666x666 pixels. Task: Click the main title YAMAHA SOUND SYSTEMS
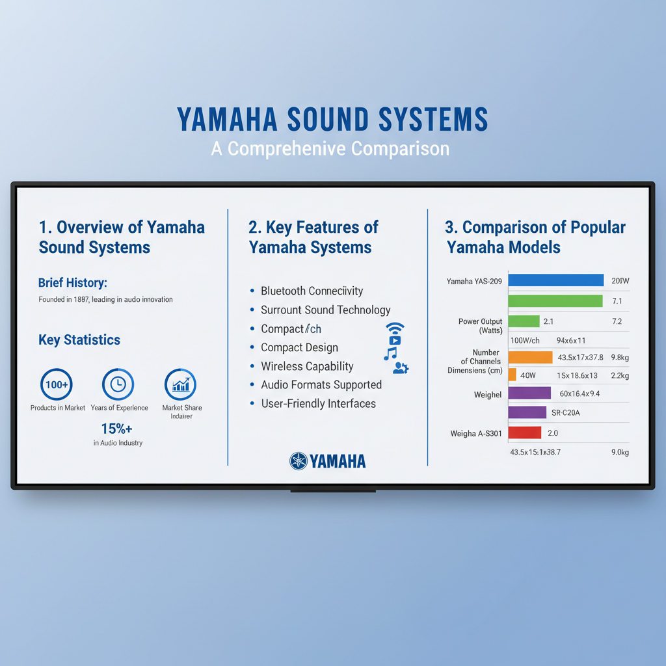tap(332, 120)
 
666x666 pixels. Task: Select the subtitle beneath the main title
tap(330, 149)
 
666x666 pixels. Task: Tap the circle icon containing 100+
tap(57, 384)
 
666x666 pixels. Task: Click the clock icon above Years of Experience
tap(118, 384)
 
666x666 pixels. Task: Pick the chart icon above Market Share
tap(181, 384)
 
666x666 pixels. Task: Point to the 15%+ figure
tap(117, 429)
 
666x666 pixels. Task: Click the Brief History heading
tap(72, 282)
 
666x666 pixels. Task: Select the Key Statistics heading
tap(79, 340)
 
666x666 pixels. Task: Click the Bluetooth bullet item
tap(312, 291)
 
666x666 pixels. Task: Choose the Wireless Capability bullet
tap(307, 366)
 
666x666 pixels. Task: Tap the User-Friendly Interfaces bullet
tap(318, 403)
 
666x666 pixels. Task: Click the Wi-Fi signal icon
tap(395, 327)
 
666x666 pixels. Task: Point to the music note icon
tap(390, 354)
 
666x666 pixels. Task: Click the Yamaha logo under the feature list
tap(328, 461)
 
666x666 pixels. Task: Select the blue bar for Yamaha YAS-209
tap(555, 280)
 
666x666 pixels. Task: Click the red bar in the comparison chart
tap(524, 433)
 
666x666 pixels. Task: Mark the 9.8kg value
tap(620, 357)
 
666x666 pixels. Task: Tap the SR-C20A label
tap(566, 412)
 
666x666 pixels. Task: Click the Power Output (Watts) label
tap(481, 326)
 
